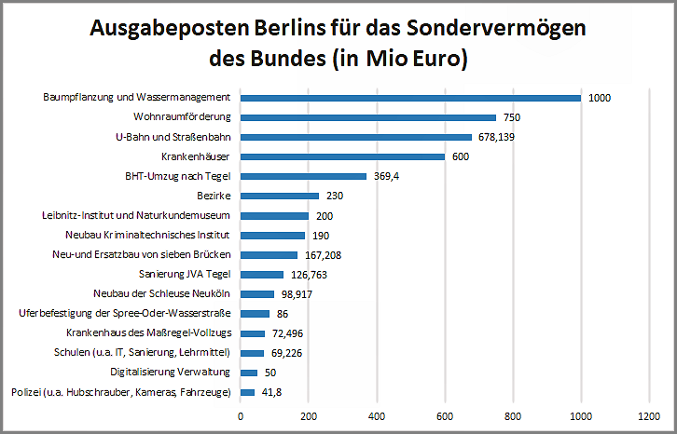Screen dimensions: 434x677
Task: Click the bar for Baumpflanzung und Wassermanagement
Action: [410, 98]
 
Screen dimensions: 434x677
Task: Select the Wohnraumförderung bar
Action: [368, 117]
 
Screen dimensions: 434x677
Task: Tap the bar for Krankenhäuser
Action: [342, 156]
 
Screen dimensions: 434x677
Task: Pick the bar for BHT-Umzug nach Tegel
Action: [303, 176]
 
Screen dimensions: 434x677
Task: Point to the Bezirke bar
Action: [280, 196]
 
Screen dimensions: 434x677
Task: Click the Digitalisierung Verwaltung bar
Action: [249, 373]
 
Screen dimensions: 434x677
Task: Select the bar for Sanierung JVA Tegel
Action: [262, 275]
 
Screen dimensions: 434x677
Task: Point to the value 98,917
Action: [296, 294]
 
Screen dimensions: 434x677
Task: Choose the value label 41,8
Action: [271, 392]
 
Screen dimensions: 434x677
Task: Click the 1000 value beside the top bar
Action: [600, 98]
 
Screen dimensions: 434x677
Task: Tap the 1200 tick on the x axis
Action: [649, 415]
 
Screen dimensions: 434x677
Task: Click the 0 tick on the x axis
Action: [241, 415]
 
